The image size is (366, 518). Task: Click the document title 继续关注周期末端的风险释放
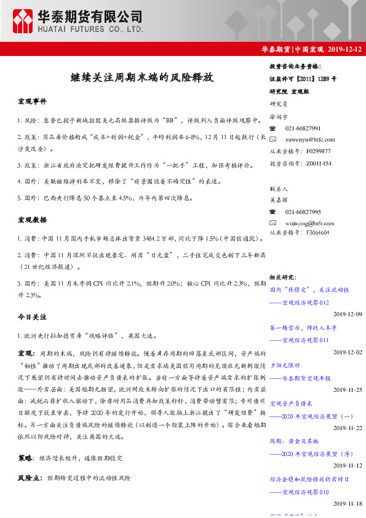pyautogui.click(x=142, y=78)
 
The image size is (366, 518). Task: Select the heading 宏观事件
pyautogui.click(x=32, y=100)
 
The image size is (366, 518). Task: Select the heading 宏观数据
pyautogui.click(x=32, y=219)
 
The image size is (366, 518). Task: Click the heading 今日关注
pyautogui.click(x=32, y=317)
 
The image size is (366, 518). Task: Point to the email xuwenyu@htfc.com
pyautogui.click(x=310, y=140)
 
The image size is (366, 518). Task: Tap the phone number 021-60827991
pyautogui.click(x=303, y=128)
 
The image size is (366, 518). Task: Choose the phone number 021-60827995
pyautogui.click(x=303, y=211)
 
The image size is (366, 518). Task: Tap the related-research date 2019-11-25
pyautogui.click(x=348, y=390)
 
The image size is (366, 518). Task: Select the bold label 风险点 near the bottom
pyautogui.click(x=30, y=477)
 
